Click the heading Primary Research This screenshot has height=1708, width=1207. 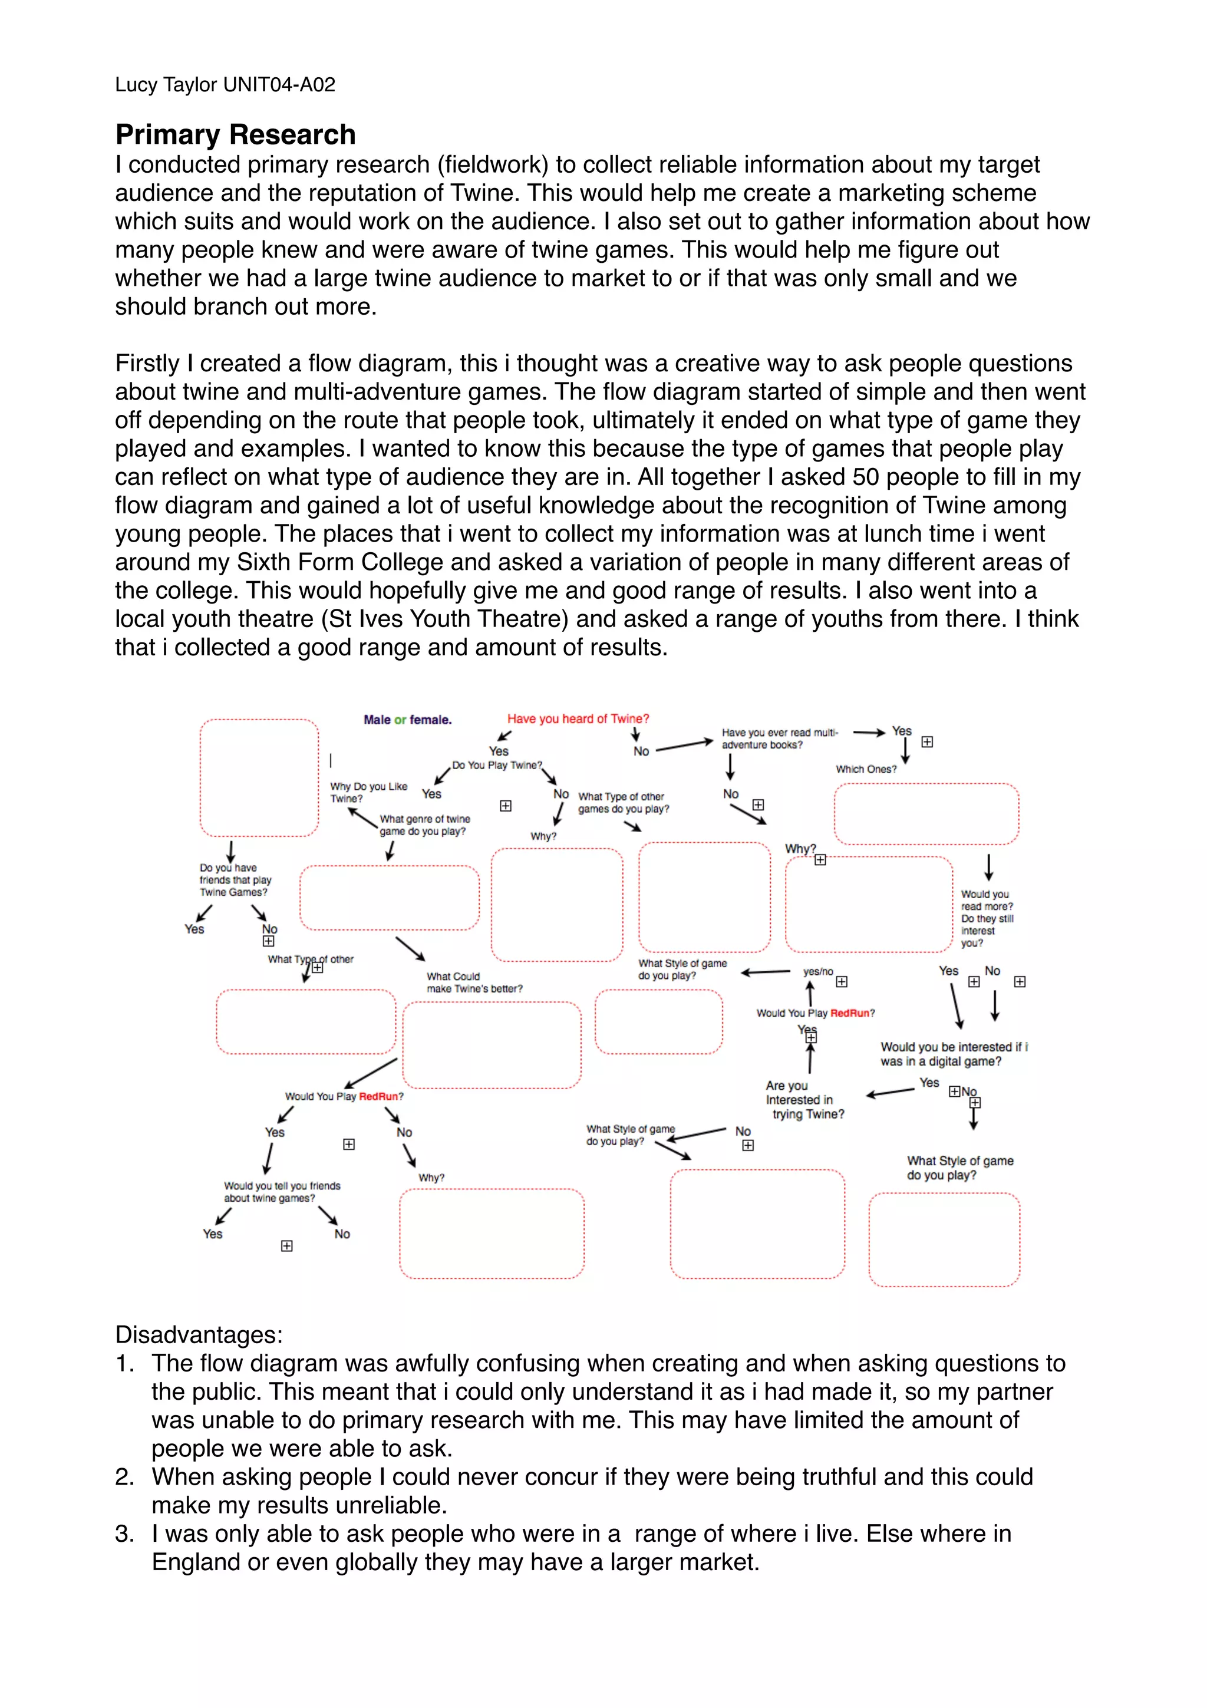click(x=235, y=134)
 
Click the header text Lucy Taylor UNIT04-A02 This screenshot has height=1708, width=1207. click(x=225, y=85)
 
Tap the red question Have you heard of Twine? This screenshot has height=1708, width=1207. click(x=577, y=718)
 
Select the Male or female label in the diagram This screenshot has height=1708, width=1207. click(x=407, y=720)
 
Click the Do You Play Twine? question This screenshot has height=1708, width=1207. click(x=497, y=765)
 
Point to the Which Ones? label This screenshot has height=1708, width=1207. click(x=866, y=769)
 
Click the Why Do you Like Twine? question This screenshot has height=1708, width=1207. click(x=368, y=792)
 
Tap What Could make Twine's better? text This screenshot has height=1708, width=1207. click(x=474, y=982)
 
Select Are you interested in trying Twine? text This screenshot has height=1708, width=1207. click(x=804, y=1100)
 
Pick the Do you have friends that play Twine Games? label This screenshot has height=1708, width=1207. click(x=234, y=879)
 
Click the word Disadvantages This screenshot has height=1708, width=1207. click(x=198, y=1334)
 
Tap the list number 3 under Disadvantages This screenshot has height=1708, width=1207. click(x=124, y=1534)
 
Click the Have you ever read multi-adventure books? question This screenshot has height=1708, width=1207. click(x=779, y=738)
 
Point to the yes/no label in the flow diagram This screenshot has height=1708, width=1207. click(x=817, y=971)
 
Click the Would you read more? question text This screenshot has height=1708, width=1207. click(x=986, y=900)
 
